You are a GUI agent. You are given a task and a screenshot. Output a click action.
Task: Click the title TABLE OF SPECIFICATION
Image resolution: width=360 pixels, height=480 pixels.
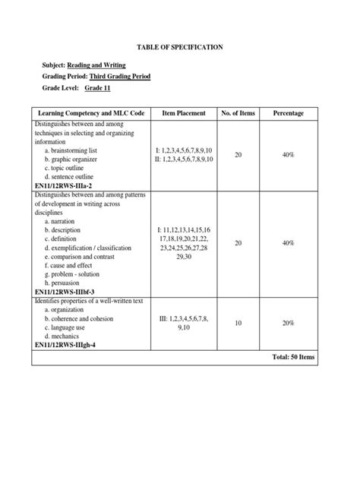[179, 47]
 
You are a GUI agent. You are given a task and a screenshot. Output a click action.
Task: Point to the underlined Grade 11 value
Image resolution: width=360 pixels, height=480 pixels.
[97, 89]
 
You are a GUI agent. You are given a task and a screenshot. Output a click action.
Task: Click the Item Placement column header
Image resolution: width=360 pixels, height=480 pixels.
[184, 113]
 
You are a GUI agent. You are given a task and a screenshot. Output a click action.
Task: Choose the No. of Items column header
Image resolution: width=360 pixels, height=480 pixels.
[238, 113]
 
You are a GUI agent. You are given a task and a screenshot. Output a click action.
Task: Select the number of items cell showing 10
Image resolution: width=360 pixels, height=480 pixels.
[238, 323]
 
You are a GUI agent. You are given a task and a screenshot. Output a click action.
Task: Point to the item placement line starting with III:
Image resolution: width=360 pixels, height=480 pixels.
[185, 319]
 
